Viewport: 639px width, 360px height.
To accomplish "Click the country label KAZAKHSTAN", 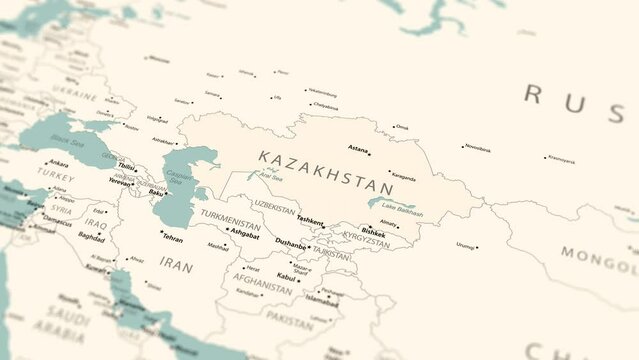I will pyautogui.click(x=326, y=172).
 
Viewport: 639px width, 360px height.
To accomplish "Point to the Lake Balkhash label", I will pyautogui.click(x=402, y=211).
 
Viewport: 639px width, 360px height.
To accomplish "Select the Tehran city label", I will pyautogui.click(x=172, y=239).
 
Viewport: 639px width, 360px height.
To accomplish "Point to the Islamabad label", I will pyautogui.click(x=322, y=299).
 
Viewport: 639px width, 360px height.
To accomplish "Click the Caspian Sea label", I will pyautogui.click(x=180, y=181).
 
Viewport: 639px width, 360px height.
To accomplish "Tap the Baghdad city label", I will pyautogui.click(x=91, y=238).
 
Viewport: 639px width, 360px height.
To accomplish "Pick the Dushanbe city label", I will pyautogui.click(x=291, y=243).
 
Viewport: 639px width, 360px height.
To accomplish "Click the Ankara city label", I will pyautogui.click(x=59, y=163).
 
